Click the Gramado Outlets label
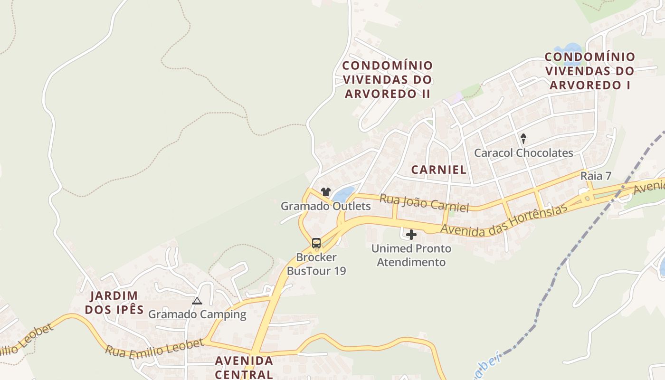[x=325, y=206]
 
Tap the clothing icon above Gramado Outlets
[x=325, y=192]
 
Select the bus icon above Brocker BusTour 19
[x=316, y=243]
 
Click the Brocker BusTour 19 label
[x=316, y=264]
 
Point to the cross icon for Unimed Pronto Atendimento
[x=411, y=235]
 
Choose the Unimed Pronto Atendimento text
[x=411, y=255]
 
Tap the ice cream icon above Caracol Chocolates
[x=523, y=139]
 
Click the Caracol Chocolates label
[x=523, y=153]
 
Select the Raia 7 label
[x=596, y=176]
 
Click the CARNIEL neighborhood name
[x=439, y=170]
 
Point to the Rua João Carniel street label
[x=424, y=203]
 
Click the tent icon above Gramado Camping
[x=197, y=301]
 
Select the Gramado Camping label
[x=197, y=314]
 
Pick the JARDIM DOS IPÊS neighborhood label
[x=117, y=303]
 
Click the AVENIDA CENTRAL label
[x=244, y=367]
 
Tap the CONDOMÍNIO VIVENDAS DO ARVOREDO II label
[x=388, y=79]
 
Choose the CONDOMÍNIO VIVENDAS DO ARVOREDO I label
[x=589, y=71]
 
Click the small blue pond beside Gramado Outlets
[x=343, y=194]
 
